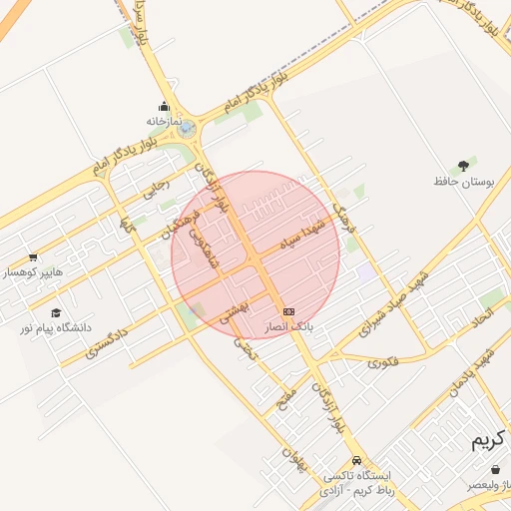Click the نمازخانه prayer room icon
point(164,107)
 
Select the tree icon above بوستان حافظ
point(463,166)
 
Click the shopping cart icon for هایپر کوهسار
point(33,256)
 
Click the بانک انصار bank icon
point(288,311)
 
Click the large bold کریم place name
point(488,441)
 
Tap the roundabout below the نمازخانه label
point(188,130)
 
